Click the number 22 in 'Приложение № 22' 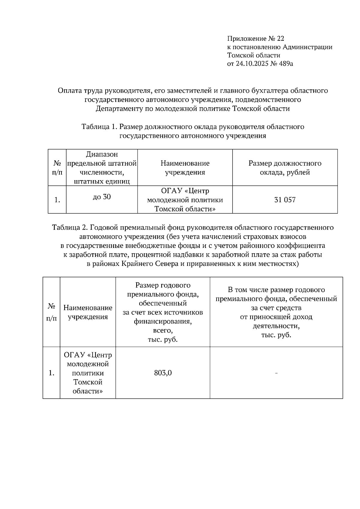click(x=280, y=39)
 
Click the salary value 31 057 click(x=285, y=200)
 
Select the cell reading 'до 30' click(x=102, y=197)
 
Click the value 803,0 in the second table click(x=163, y=373)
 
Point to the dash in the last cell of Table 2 click(x=276, y=373)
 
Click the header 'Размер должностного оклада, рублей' click(x=285, y=168)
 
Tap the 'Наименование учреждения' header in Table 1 click(x=185, y=168)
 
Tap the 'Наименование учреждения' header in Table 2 click(x=88, y=312)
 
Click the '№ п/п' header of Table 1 click(x=57, y=168)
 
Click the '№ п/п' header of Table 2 click(x=51, y=312)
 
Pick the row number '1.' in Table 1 click(x=57, y=200)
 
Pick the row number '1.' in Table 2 click(x=51, y=373)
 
